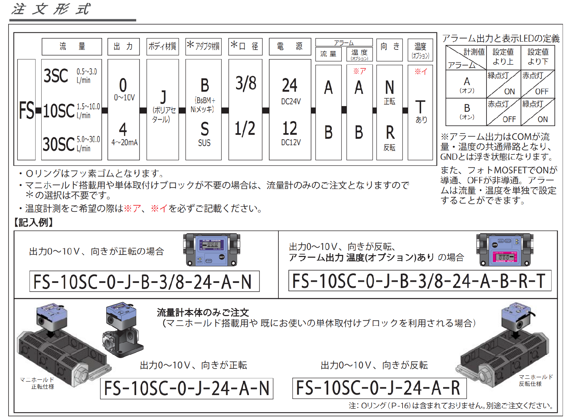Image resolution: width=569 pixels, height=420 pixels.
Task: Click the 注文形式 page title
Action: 51,9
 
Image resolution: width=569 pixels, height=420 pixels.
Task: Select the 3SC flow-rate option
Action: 55,76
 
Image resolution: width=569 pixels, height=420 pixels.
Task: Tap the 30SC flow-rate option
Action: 58,144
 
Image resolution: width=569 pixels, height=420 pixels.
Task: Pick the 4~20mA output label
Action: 124,142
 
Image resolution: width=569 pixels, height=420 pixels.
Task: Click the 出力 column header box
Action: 123,47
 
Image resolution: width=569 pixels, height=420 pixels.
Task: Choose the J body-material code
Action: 163,97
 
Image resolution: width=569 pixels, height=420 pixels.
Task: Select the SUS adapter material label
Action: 204,143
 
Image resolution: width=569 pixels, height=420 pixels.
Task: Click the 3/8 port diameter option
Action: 246,83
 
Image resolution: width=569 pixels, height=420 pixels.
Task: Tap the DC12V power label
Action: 291,142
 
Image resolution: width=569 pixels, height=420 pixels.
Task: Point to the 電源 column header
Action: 290,47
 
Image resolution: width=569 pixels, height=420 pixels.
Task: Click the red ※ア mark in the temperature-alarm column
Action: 360,71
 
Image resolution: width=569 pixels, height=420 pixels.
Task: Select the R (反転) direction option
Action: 390,132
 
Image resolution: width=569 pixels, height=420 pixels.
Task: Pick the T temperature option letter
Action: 420,107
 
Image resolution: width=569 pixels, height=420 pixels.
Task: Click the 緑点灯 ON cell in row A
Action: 504,84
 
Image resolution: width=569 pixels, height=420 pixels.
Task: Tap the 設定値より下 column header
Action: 538,57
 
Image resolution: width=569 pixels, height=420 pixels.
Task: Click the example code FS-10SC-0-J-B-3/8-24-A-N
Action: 144,281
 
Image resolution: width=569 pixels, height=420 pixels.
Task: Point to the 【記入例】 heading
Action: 33,222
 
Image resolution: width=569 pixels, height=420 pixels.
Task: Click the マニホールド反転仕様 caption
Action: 535,380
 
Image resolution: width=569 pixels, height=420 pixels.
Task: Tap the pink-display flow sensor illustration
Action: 505,250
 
